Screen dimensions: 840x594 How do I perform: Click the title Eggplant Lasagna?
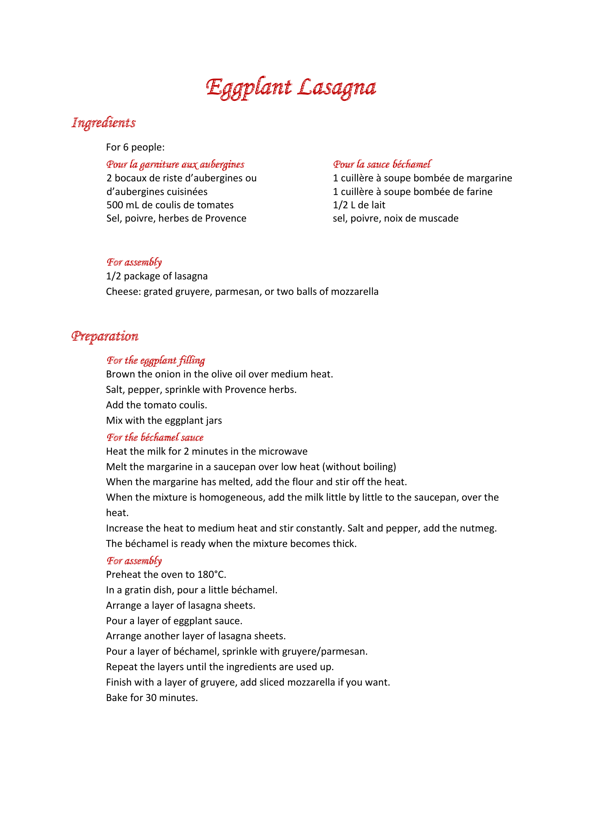coord(291,87)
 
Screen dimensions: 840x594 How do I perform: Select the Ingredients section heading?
coord(103,122)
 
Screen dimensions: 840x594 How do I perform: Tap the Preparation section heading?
coord(105,336)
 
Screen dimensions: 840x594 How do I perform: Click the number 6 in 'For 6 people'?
coord(126,147)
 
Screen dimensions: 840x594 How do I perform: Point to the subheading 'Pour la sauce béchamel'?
coord(382,164)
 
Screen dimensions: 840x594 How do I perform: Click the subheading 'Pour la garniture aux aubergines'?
coord(175,164)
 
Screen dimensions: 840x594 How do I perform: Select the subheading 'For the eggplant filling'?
coord(156,360)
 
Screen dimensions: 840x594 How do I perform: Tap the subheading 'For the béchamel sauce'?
coord(155,437)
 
